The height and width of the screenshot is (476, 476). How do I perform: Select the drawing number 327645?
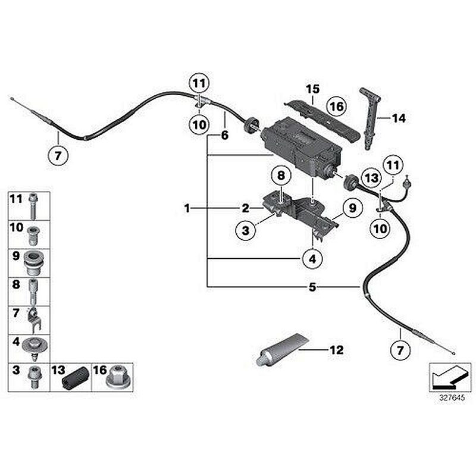pos(450,399)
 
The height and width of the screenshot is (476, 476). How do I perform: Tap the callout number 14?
pos(398,118)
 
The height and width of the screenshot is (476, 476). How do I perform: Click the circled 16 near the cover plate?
pos(336,107)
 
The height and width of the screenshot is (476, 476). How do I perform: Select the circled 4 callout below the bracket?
pos(312,258)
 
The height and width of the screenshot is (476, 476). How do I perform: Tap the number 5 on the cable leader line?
pos(312,287)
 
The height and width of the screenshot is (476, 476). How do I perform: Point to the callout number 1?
pos(187,208)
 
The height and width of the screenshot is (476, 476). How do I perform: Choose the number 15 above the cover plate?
pos(313,89)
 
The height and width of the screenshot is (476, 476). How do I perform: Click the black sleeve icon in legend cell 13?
pos(78,378)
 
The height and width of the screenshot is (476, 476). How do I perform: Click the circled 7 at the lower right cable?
pos(399,349)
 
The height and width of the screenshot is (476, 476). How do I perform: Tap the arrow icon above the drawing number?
pos(450,377)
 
